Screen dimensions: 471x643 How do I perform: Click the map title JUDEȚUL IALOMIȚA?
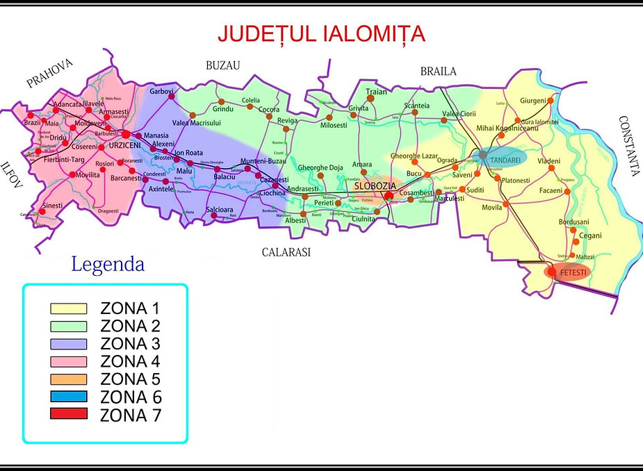click(x=321, y=33)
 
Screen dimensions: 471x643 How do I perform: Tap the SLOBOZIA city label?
click(x=375, y=186)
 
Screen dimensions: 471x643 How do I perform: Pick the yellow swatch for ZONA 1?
click(x=68, y=308)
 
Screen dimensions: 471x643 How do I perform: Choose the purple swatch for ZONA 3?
click(x=68, y=343)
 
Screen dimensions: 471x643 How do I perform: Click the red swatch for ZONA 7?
click(x=68, y=415)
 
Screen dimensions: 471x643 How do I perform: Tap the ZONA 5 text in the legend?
click(x=130, y=379)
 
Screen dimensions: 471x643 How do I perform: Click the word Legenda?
click(x=108, y=265)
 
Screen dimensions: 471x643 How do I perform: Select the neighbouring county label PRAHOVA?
click(x=49, y=74)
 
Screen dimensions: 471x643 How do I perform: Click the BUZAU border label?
click(x=222, y=65)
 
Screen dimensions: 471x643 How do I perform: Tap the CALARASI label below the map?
click(x=286, y=252)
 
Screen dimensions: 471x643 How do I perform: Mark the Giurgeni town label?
click(x=533, y=101)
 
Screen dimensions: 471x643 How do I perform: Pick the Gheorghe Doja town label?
click(x=320, y=167)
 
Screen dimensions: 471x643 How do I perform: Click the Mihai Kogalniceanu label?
click(x=507, y=129)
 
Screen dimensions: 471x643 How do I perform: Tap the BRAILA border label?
click(x=438, y=71)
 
